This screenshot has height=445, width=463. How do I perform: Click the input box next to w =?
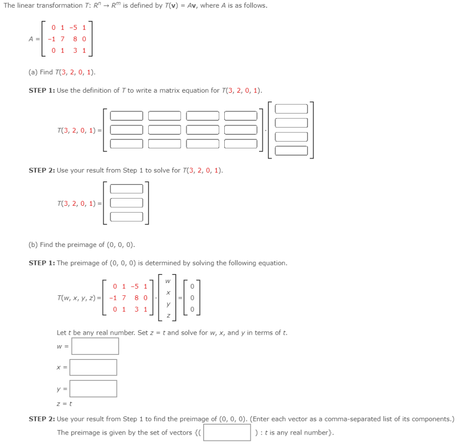tap(95, 346)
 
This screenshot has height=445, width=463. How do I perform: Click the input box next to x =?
tap(93, 367)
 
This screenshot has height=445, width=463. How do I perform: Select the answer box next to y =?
tap(93, 388)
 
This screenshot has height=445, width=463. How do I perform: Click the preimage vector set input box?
tap(227, 432)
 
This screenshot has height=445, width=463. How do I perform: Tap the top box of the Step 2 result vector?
tap(127, 189)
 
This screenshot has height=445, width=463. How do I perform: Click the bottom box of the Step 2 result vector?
tap(127, 217)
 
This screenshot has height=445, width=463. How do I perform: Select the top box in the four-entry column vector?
tap(291, 109)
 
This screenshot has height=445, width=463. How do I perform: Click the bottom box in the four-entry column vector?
tap(291, 151)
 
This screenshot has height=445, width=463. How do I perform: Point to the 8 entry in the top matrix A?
tap(75, 39)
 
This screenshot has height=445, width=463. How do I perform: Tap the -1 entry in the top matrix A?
tap(52, 39)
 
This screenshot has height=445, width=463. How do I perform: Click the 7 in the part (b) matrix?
tap(124, 298)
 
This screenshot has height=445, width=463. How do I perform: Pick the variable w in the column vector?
tap(168, 281)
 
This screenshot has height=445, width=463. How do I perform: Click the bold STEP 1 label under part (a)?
tap(42, 90)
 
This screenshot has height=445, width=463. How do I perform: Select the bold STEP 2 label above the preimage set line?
tap(42, 419)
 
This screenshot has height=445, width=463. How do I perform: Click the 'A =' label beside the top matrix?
tap(34, 39)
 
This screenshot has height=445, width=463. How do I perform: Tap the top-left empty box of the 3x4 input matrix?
tap(127, 116)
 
